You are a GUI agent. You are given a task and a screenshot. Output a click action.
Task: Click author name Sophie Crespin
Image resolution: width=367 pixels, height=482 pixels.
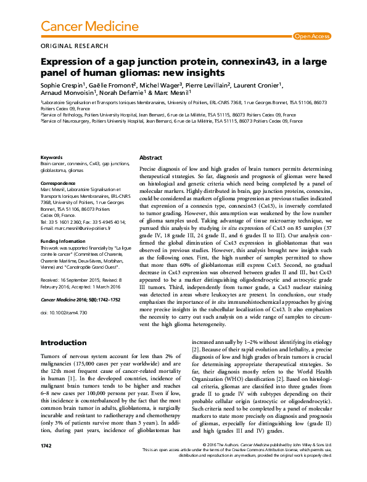[61, 84]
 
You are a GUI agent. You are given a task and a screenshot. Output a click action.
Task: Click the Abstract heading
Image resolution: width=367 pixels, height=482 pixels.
[151, 158]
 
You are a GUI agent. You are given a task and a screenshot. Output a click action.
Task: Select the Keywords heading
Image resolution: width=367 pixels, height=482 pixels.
[51, 158]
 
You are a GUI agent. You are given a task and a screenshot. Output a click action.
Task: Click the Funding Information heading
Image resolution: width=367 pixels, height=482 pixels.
[64, 241]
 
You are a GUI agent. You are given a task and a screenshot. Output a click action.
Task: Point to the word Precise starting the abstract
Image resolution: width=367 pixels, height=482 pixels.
[149, 168]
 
